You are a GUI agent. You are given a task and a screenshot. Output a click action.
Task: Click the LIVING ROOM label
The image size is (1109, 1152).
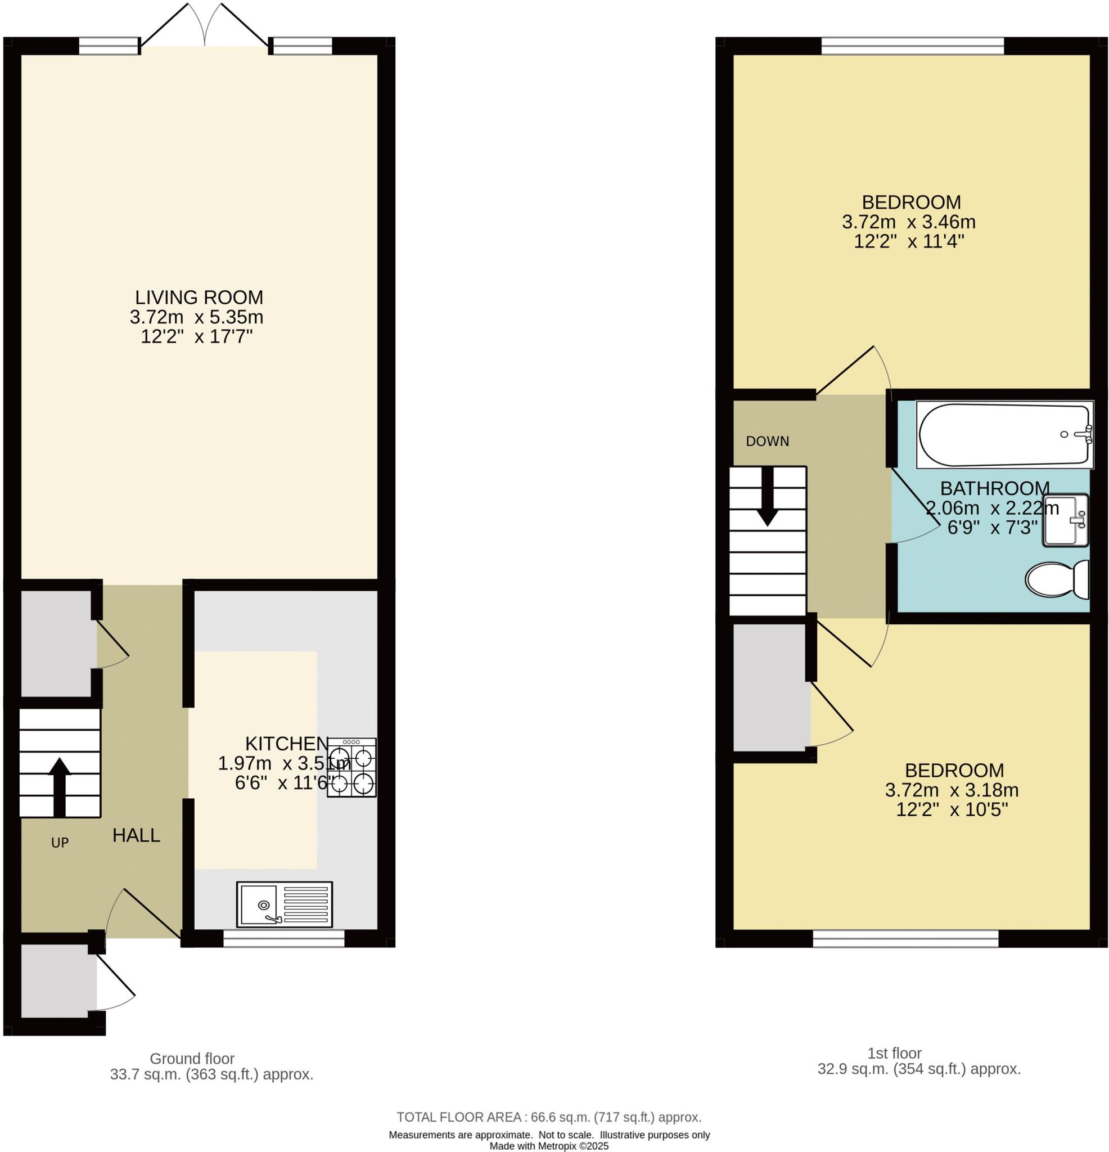199,298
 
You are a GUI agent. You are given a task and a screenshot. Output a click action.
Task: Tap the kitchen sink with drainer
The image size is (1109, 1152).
285,904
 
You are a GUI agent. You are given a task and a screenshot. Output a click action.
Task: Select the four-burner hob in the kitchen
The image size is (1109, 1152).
352,768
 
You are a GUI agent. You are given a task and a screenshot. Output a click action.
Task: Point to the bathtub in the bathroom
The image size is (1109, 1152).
1005,435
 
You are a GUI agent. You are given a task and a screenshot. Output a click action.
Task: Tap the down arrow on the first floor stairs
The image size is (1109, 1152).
767,496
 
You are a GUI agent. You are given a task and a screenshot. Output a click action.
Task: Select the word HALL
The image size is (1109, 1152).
136,835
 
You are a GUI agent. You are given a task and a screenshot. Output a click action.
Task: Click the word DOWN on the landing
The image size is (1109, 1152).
768,442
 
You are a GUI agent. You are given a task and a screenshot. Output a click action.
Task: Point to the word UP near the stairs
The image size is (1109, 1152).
60,843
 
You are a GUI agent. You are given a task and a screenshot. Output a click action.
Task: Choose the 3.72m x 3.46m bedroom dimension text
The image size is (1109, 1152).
909,222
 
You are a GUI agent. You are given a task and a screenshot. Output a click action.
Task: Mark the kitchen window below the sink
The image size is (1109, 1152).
284,938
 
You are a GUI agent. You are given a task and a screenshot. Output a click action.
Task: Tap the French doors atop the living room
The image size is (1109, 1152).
205,26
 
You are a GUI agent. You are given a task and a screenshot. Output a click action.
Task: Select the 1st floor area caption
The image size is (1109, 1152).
919,1061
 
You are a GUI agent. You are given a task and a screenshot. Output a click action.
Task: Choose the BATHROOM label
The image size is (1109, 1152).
995,488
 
